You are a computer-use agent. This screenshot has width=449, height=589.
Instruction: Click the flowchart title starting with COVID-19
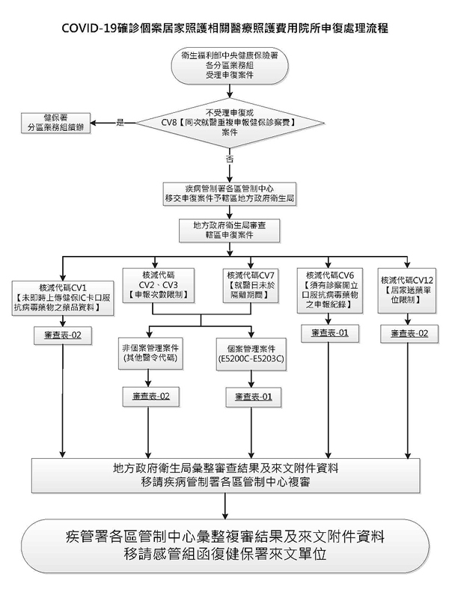[x=224, y=27]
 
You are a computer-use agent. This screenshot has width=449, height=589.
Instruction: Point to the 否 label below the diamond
[x=228, y=159]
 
